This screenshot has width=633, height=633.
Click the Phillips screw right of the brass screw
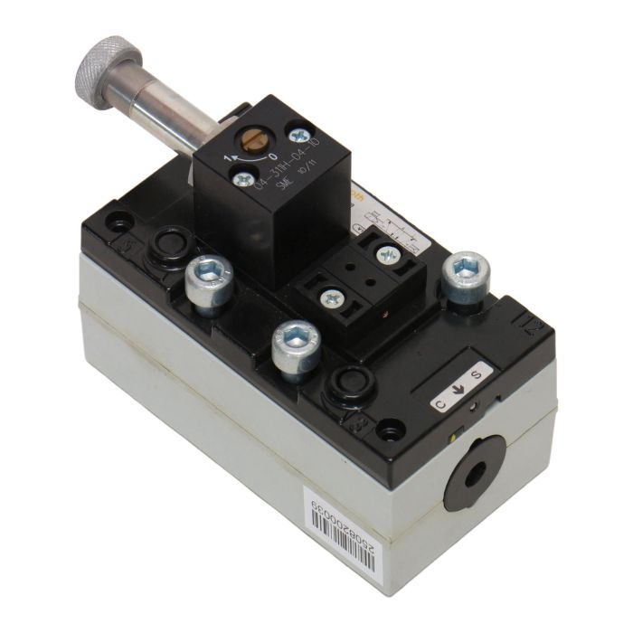coord(298,136)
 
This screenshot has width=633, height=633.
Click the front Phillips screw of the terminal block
coord(334,297)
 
